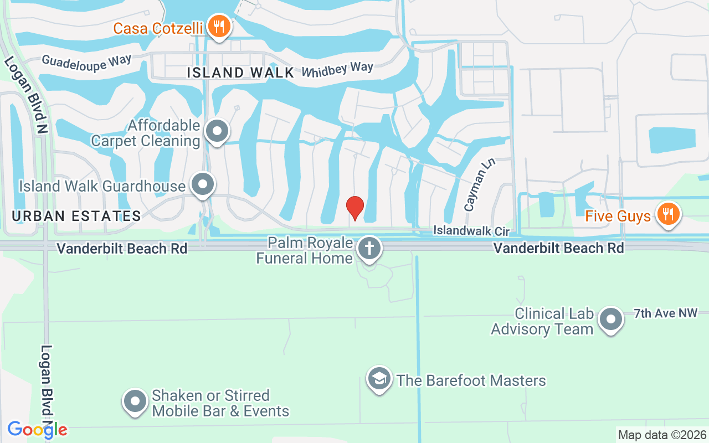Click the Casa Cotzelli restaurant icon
click(219, 25)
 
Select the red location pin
click(355, 208)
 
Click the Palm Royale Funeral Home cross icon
click(369, 248)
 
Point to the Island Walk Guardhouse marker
click(202, 184)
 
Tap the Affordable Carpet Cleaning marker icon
click(217, 131)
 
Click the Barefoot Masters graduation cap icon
click(379, 379)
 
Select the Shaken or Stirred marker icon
click(135, 401)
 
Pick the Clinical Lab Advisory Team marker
click(611, 320)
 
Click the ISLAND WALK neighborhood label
click(240, 73)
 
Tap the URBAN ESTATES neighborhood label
click(76, 216)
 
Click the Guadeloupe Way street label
click(86, 60)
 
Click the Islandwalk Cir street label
click(471, 230)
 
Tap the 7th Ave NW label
click(665, 313)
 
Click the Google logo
click(38, 429)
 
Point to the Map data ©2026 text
click(662, 435)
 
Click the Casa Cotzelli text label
click(158, 28)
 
